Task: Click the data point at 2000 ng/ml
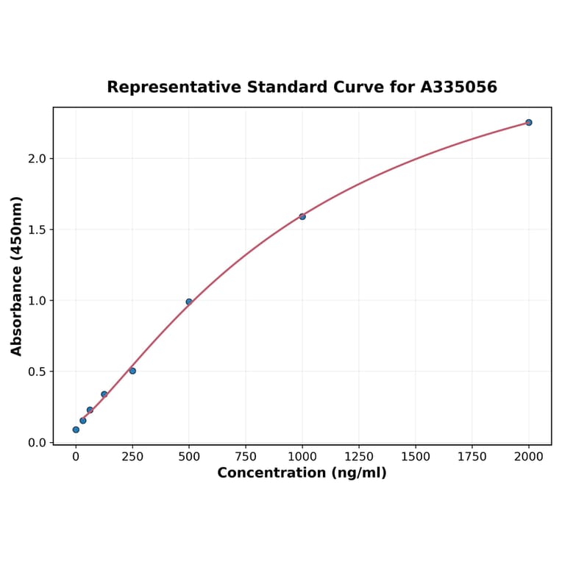click(x=528, y=122)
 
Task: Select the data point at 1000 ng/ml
click(x=302, y=216)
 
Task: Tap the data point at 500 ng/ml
click(x=189, y=302)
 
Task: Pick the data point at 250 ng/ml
click(x=132, y=371)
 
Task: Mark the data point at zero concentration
click(x=76, y=430)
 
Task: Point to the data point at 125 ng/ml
click(x=104, y=394)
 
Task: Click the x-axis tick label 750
click(x=246, y=457)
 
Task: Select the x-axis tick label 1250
click(x=359, y=457)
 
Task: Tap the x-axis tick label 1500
click(x=416, y=457)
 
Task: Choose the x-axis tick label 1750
click(x=472, y=457)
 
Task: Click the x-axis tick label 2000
click(x=529, y=457)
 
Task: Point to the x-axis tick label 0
click(x=76, y=457)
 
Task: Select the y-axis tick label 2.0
click(x=37, y=159)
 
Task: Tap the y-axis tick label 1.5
click(x=37, y=230)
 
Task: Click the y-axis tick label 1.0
click(x=37, y=301)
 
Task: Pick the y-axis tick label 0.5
click(x=37, y=371)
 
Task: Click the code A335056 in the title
click(x=459, y=88)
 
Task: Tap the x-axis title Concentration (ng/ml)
click(x=302, y=473)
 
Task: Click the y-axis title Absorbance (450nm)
click(x=17, y=276)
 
